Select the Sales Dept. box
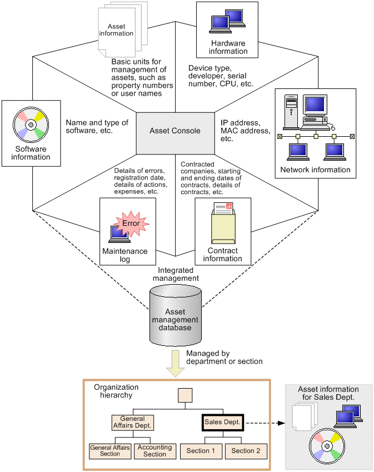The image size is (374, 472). click(222, 423)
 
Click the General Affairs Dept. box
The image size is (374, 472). click(132, 423)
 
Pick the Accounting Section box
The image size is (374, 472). click(154, 451)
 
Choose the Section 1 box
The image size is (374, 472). click(202, 451)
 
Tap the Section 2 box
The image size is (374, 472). click(246, 451)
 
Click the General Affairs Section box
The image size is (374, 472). click(110, 451)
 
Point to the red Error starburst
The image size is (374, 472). click(131, 223)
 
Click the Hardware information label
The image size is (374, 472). click(228, 47)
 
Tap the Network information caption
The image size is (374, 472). click(315, 170)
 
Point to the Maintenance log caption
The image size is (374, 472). click(124, 255)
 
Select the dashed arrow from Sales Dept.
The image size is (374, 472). click(265, 423)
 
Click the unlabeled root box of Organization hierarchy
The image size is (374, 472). click(184, 395)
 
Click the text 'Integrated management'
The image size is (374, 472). click(175, 274)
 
